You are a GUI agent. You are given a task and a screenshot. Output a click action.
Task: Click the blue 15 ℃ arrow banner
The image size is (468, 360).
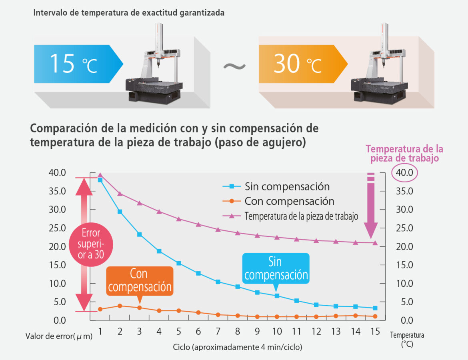pyautogui.click(x=76, y=64)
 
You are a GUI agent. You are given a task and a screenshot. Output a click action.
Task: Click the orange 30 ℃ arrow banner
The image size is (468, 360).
pyautogui.click(x=300, y=64)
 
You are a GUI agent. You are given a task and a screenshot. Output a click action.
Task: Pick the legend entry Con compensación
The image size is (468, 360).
pyautogui.click(x=289, y=201)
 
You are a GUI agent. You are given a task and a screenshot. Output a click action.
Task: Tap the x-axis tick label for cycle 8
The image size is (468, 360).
pyautogui.click(x=238, y=332)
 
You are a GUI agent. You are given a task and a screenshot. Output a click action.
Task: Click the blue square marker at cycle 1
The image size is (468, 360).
pyautogui.click(x=100, y=180)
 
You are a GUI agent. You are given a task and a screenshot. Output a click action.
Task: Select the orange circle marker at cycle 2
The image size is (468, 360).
pyautogui.click(x=120, y=306)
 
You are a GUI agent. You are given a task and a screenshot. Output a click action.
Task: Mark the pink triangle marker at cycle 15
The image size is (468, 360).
pyautogui.click(x=375, y=243)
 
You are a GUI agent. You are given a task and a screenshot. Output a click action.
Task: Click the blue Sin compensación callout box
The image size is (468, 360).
pyautogui.click(x=276, y=268)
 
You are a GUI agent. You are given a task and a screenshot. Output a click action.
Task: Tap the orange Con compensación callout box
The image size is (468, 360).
pyautogui.click(x=139, y=281)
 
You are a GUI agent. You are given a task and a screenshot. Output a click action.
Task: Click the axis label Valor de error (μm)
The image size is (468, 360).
pyautogui.click(x=59, y=336)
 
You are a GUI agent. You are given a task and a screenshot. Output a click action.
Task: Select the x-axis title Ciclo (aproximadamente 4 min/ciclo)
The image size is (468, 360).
pyautogui.click(x=238, y=346)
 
